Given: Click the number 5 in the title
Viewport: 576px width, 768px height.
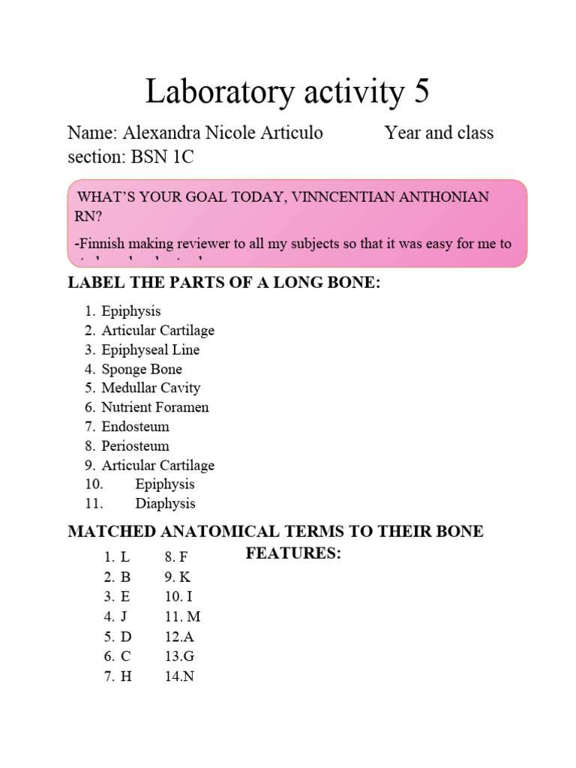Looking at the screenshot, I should (x=419, y=92).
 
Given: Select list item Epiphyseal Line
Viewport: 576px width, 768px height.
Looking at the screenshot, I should (x=151, y=349).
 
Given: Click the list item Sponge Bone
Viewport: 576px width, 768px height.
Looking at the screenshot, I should (x=142, y=369).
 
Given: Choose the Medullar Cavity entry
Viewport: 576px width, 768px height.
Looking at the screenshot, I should (x=151, y=388).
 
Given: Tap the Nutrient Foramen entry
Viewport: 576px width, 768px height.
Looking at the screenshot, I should (x=155, y=407).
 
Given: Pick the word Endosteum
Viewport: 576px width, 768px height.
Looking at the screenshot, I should (x=136, y=427).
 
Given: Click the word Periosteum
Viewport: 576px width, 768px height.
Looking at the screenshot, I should (x=136, y=445).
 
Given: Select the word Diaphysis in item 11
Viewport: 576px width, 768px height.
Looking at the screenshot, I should (x=165, y=503).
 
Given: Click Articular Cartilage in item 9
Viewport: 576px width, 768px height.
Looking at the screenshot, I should (x=158, y=465).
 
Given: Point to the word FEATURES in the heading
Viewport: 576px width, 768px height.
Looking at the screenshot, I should (x=293, y=554).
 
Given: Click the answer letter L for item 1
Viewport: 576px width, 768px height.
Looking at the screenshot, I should (x=125, y=557).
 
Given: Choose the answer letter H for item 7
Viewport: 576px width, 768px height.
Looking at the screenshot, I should (x=126, y=676).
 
